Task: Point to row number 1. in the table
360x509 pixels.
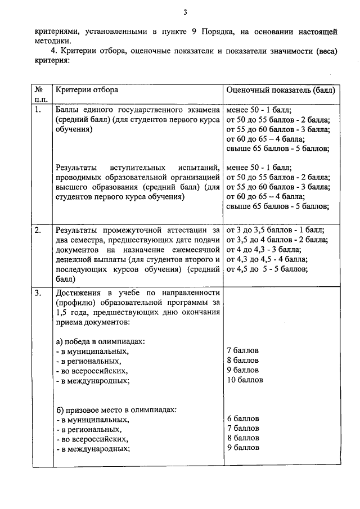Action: coord(38,110)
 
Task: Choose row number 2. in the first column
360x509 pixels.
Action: coord(38,230)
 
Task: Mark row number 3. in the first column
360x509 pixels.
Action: coord(38,293)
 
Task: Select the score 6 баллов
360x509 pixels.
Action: coord(242,418)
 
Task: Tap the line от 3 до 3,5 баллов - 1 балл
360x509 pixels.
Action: coord(274,230)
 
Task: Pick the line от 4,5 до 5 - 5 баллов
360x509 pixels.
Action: coord(267,269)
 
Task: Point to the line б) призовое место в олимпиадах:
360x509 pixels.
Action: coord(116,409)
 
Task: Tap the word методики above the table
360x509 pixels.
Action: coord(51,41)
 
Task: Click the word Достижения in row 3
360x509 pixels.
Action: coord(79,293)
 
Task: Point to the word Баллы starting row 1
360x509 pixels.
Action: coord(68,110)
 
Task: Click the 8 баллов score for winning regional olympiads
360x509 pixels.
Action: coord(242,361)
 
